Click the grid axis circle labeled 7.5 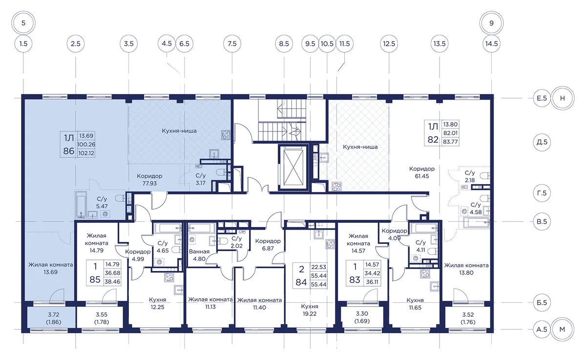pos(232,43)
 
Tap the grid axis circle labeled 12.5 pos(389,43)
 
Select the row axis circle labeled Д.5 pos(542,142)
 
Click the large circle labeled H pos(563,98)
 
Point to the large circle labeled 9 pos(491,23)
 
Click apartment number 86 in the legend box pos(69,151)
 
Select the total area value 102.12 pos(86,153)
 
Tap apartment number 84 pos(301,282)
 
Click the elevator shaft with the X pos(293,167)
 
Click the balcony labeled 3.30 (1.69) pos(362,317)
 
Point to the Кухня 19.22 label pos(310,310)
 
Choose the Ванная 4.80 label pos(199,255)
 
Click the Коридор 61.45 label pos(422,172)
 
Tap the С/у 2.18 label pos(470,176)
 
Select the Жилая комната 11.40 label pos(259,304)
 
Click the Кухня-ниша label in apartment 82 pos(360,147)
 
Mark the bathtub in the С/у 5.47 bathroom pos(81,205)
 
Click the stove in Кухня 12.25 pos(169,277)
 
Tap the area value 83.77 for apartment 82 pos(450,142)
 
